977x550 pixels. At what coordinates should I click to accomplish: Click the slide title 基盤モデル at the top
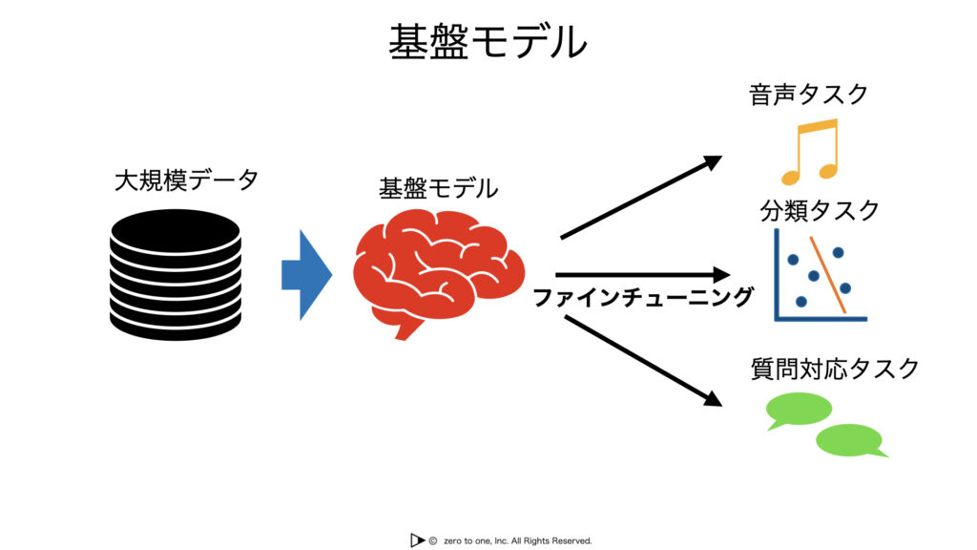(488, 42)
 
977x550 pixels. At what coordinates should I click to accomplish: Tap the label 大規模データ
(186, 180)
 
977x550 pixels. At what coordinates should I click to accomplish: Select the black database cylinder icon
(176, 274)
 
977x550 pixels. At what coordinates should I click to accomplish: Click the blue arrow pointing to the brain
(306, 274)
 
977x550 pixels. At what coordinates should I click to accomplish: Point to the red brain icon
(439, 273)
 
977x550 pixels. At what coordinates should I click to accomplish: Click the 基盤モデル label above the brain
(439, 188)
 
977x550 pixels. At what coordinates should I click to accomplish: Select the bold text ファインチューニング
(643, 298)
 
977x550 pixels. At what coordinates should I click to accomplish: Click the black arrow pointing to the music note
(641, 197)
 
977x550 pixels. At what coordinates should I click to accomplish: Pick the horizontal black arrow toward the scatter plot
(642, 274)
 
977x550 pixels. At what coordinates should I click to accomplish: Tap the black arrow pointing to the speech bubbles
(643, 361)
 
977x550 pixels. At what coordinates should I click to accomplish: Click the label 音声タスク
(809, 95)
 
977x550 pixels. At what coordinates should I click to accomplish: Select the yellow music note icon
(810, 152)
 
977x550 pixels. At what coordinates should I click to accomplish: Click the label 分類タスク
(820, 211)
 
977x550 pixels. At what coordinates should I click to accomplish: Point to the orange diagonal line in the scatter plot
(828, 274)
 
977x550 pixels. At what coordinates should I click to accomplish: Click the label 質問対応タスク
(835, 369)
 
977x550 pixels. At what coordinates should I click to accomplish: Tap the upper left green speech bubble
(799, 409)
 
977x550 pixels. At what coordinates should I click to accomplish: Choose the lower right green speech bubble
(850, 439)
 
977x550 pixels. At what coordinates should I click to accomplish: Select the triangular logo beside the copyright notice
(417, 540)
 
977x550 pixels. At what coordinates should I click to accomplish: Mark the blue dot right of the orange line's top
(838, 252)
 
